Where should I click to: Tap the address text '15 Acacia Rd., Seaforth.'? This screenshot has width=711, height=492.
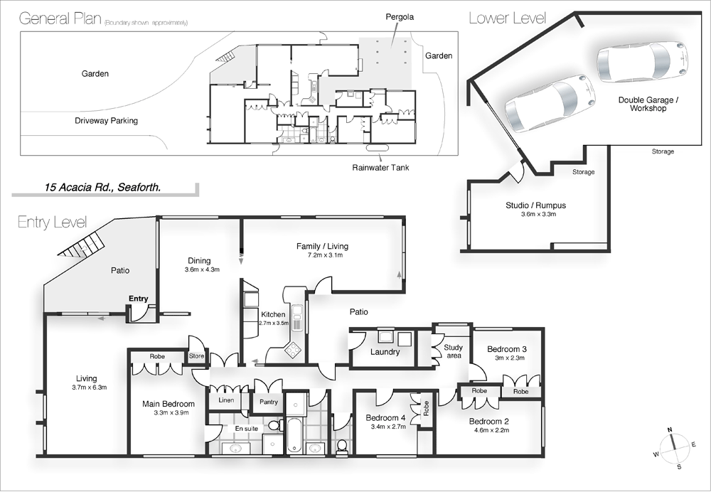[102, 188]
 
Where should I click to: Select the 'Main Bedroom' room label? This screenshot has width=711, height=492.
[169, 405]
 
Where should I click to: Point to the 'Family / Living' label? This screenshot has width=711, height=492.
[322, 247]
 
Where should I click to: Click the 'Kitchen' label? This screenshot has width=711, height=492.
[273, 314]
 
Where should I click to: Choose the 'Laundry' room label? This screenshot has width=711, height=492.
[385, 352]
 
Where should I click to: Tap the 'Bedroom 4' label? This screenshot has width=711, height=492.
[385, 418]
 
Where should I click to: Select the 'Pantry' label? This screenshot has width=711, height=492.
[268, 402]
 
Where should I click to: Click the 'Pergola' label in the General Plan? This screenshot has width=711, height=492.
[400, 15]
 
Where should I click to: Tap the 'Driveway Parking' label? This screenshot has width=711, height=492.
[106, 121]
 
